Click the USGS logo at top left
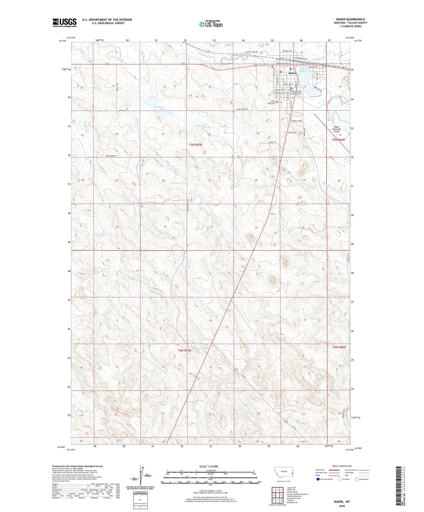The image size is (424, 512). (64, 23)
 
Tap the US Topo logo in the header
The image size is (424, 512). (210, 24)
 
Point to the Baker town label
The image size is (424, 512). (292, 73)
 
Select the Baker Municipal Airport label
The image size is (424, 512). (336, 129)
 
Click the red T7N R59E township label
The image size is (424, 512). (195, 145)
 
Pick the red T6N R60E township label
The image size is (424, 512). (339, 347)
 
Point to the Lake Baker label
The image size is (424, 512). (303, 70)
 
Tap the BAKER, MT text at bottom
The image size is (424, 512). (342, 502)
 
